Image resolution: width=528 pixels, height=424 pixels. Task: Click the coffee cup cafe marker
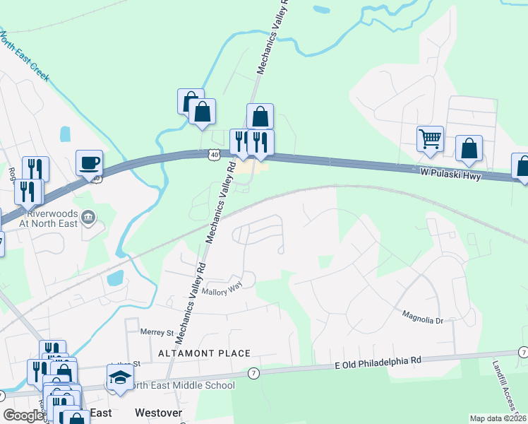(90, 163)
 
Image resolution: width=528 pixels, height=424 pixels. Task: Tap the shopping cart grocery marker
(430, 139)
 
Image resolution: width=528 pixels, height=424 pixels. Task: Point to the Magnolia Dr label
(421, 316)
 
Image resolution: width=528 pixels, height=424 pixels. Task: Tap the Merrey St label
(157, 332)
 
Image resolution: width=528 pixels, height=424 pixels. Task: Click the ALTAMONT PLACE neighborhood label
(204, 353)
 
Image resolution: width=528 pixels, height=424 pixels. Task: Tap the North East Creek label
(25, 54)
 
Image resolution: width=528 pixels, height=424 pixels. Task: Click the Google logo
(23, 416)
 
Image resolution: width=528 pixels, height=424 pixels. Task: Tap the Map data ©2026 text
(498, 418)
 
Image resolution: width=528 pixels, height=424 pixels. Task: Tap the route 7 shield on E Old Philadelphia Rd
(254, 372)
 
